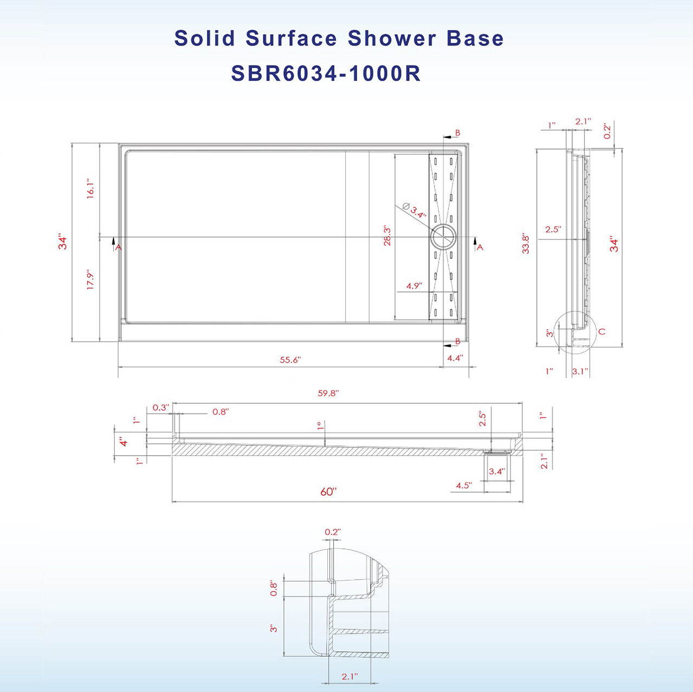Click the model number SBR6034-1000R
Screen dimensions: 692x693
point(326,74)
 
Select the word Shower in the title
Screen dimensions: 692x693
point(392,38)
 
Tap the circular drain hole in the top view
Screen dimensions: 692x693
point(444,238)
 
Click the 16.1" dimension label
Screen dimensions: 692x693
point(90,189)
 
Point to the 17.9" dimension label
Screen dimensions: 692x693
point(90,279)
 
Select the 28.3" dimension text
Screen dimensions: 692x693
point(387,236)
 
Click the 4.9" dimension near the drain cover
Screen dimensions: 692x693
point(414,286)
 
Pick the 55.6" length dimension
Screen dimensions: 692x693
point(290,360)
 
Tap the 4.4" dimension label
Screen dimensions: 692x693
point(455,358)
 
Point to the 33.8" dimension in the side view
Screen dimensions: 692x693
point(525,244)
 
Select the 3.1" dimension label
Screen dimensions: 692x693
point(580,371)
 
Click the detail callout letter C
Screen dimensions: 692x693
point(601,331)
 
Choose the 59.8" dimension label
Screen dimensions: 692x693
point(328,394)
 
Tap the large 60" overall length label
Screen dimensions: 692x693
point(328,492)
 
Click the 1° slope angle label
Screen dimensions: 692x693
point(320,426)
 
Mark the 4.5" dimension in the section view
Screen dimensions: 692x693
point(463,485)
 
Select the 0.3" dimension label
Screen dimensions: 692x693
point(160,408)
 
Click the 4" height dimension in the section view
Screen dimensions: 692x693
point(124,442)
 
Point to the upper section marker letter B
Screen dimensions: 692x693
point(458,133)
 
